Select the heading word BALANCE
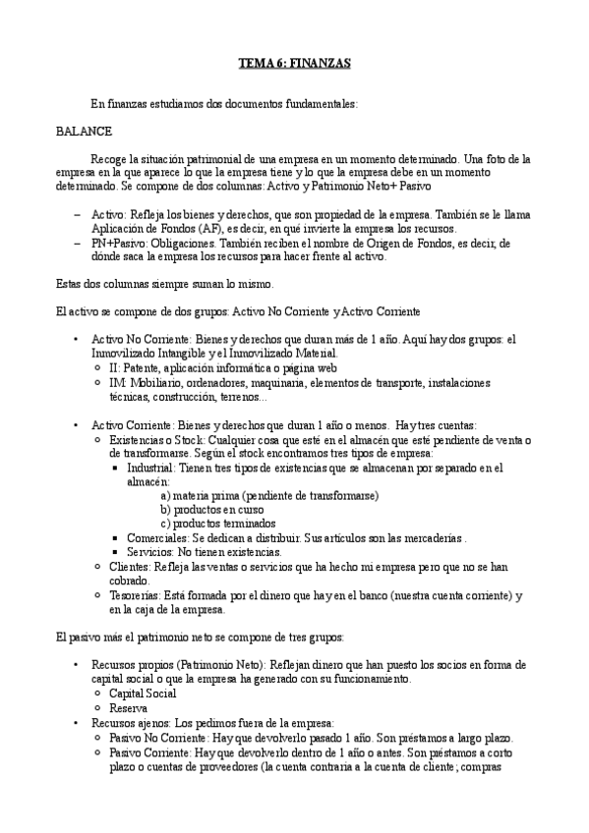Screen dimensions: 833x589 click(x=84, y=131)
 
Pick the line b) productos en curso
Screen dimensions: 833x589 click(x=213, y=510)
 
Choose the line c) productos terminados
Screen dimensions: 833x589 click(x=218, y=525)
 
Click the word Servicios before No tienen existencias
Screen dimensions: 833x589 click(x=150, y=553)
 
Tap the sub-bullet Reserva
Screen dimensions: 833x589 click(x=129, y=708)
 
